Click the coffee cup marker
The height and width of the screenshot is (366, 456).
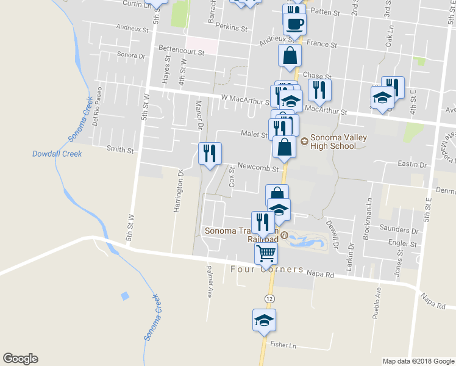click(294, 24)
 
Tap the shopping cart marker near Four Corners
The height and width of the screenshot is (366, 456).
click(266, 253)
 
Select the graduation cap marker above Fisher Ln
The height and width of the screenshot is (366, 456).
click(265, 320)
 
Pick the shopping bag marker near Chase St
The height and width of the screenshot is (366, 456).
click(290, 56)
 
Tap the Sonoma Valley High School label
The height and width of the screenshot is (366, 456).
click(339, 142)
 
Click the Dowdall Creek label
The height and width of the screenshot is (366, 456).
click(57, 154)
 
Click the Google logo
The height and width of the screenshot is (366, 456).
click(20, 359)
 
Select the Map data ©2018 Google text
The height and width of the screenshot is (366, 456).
click(418, 361)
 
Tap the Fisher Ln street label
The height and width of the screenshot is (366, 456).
click(283, 345)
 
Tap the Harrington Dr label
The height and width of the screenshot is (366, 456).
click(178, 197)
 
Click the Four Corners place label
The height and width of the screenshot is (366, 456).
click(267, 269)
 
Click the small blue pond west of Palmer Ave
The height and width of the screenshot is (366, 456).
click(125, 296)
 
